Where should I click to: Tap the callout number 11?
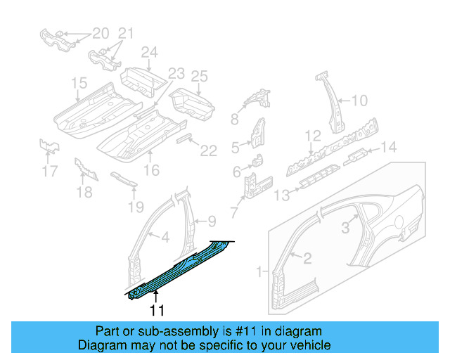tap(156, 309)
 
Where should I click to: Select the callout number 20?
tap(101, 33)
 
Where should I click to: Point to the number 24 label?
tap(148, 52)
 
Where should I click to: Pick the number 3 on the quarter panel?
tap(345, 226)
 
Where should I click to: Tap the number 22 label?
tap(209, 149)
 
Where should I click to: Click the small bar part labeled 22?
tap(186, 139)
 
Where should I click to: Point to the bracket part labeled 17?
tap(49, 146)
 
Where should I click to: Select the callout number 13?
tap(281, 195)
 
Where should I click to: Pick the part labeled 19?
tap(124, 179)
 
